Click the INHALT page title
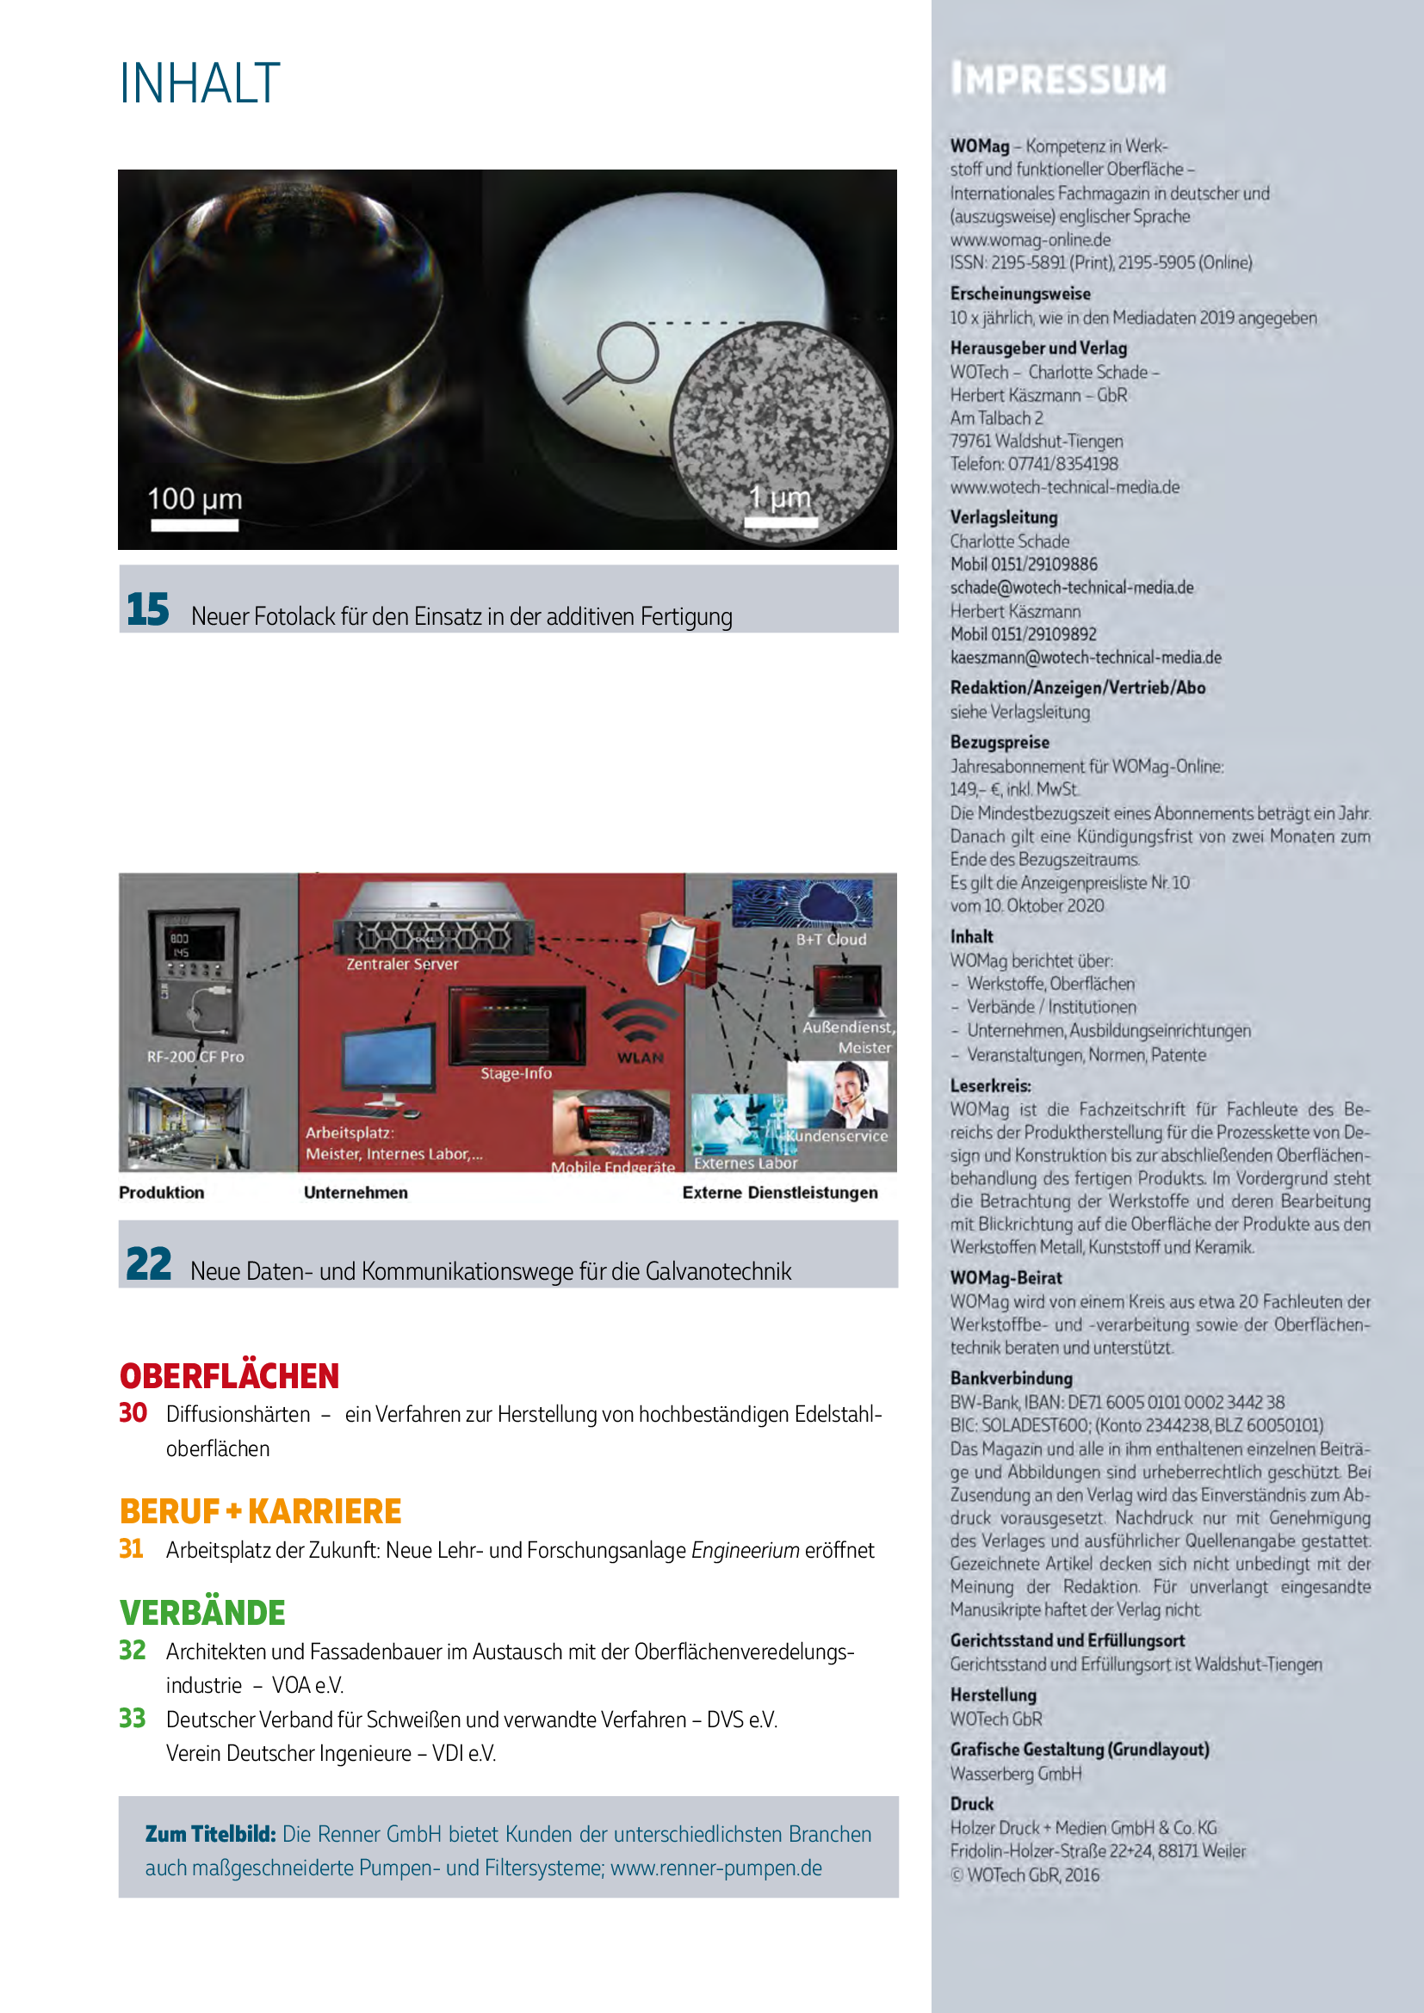coord(199,84)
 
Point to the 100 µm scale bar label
coord(194,499)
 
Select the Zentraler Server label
coord(401,964)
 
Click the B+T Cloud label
coord(830,939)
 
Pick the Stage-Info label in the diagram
coord(516,1073)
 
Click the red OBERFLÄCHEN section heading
coord(229,1375)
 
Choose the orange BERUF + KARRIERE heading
coord(260,1510)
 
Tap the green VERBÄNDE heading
coord(202,1611)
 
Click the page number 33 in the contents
coord(133,1718)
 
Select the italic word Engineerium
coord(746,1550)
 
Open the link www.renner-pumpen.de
coord(715,1868)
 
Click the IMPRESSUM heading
coord(1058,79)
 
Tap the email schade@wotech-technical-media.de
coord(1072,588)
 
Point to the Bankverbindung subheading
coord(1011,1377)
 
